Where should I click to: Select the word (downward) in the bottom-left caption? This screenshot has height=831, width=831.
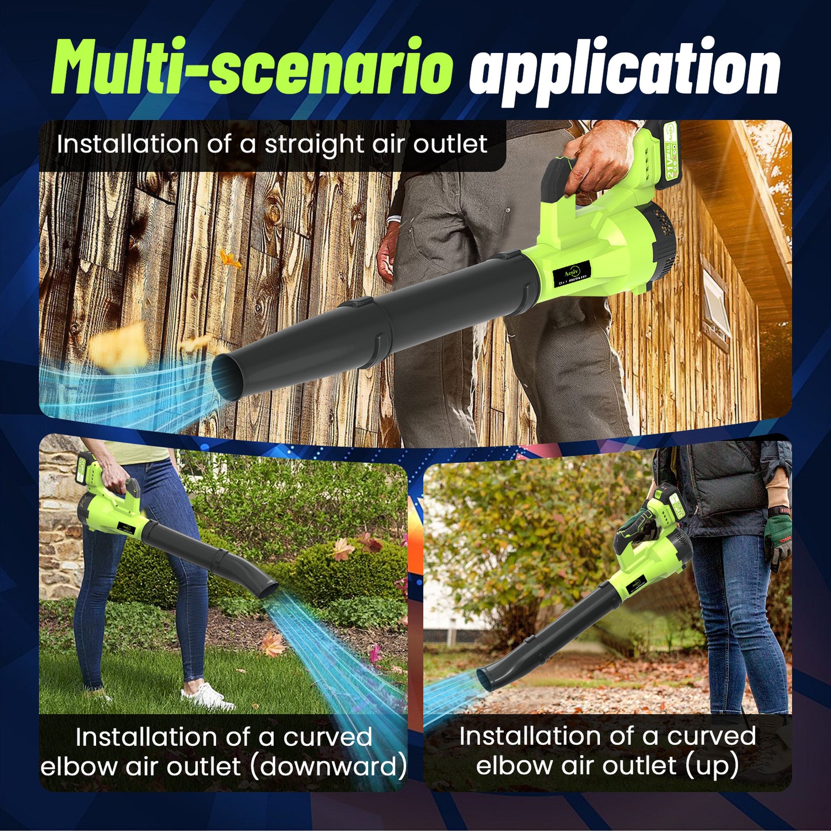click(328, 767)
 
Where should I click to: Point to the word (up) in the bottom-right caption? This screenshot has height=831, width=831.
click(711, 765)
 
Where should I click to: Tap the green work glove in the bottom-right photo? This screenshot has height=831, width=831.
click(779, 538)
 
